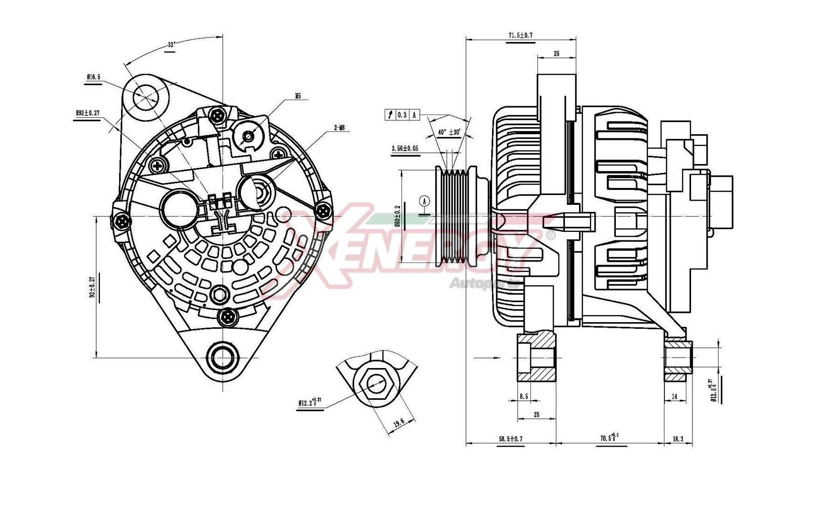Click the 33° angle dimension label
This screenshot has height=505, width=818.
click(x=171, y=45)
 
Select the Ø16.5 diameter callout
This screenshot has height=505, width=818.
click(x=93, y=77)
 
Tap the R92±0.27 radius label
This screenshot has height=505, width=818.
click(x=87, y=113)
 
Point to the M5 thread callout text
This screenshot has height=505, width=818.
click(x=298, y=96)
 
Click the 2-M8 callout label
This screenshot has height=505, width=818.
click(x=339, y=128)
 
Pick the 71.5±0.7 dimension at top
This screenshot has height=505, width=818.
click(x=521, y=36)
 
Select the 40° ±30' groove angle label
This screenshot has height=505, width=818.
click(x=449, y=132)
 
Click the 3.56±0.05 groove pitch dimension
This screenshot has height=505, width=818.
click(x=405, y=149)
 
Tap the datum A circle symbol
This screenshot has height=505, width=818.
click(x=424, y=201)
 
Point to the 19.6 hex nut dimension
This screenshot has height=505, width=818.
click(x=398, y=424)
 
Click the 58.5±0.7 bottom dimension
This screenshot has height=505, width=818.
click(x=510, y=439)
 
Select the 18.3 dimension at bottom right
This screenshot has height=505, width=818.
click(x=678, y=439)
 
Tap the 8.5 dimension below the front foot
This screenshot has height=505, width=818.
click(x=524, y=397)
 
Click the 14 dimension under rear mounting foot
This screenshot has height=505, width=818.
click(x=674, y=397)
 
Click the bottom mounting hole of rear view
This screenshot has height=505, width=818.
click(x=223, y=358)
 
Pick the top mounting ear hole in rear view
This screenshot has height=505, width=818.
click(x=146, y=97)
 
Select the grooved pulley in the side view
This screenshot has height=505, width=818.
click(x=456, y=217)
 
